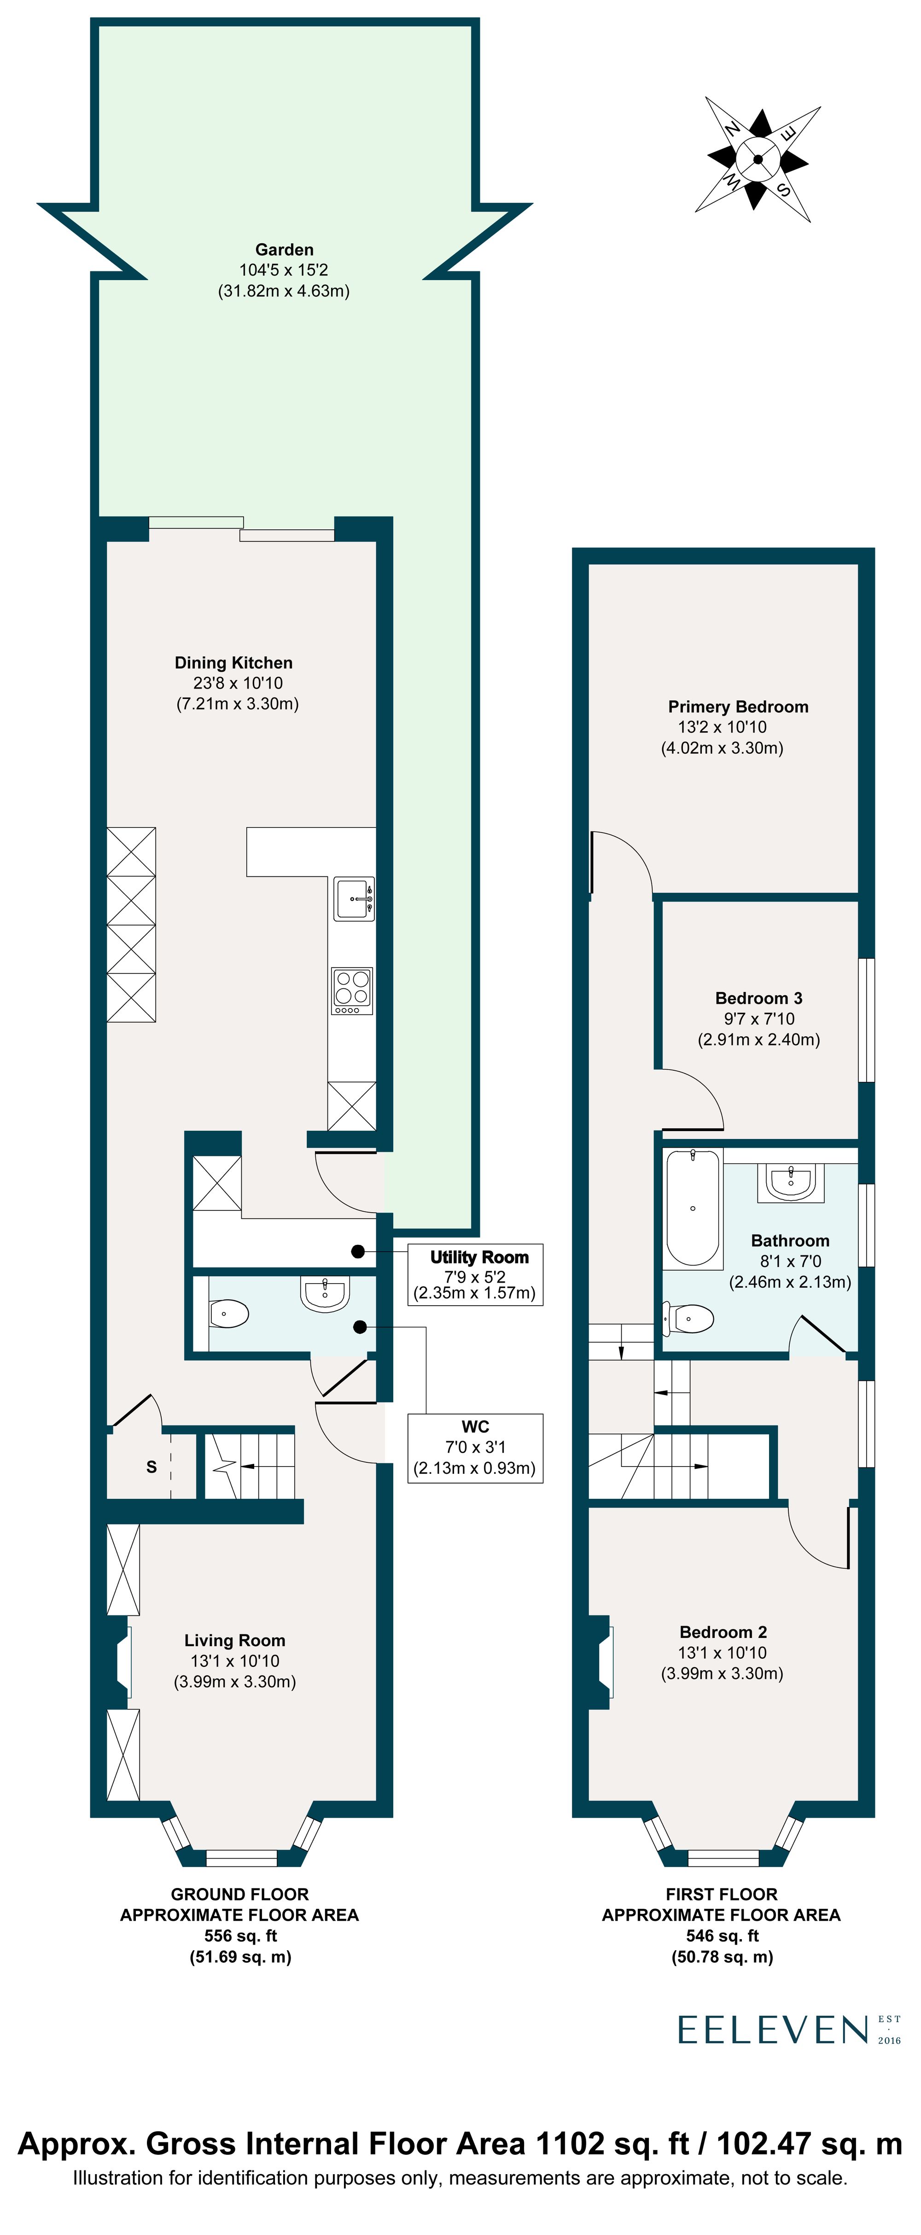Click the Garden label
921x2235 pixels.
coord(285,250)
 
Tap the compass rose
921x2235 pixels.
coord(758,159)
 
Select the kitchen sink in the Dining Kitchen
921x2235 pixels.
coord(354,899)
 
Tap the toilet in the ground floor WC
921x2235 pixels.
coord(228,1314)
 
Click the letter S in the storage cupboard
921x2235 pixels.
coord(152,1467)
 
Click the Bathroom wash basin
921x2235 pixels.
coord(791,1182)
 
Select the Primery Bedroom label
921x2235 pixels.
coord(738,707)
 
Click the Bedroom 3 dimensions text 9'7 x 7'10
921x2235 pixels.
coord(759,1019)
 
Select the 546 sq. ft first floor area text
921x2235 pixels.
coord(722,1936)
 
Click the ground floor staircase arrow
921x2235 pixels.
coord(251,1467)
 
